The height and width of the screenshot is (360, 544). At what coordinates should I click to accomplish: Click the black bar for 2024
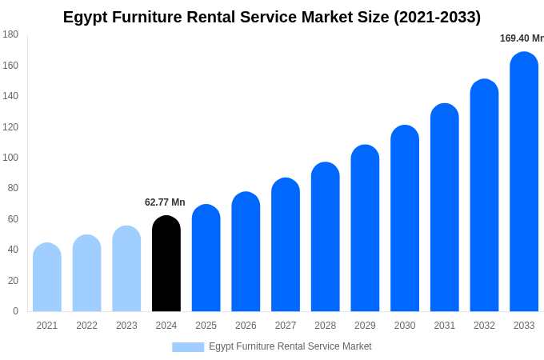tap(166, 264)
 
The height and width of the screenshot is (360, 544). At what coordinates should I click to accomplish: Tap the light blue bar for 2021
tap(47, 278)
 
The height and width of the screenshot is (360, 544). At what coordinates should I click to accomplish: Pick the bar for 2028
tap(326, 238)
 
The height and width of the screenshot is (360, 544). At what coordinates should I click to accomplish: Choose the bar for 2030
tap(405, 219)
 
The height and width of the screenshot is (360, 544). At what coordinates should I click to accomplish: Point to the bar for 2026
tap(246, 252)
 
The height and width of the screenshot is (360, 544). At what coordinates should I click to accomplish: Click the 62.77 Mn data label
tap(165, 202)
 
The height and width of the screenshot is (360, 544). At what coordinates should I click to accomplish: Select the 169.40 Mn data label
tap(521, 38)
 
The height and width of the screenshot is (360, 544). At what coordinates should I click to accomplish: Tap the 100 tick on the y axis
tap(10, 158)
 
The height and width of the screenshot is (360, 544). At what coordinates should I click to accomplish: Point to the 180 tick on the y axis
tap(10, 34)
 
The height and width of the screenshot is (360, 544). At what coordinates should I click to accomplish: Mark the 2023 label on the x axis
tap(126, 326)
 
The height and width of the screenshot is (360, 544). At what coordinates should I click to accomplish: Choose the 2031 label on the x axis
tap(445, 326)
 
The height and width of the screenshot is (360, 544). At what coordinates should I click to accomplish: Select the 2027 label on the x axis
tap(286, 326)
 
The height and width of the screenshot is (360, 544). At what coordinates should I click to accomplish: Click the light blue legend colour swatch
tap(188, 347)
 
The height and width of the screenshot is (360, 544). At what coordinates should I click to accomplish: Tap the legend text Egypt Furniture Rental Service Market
tap(290, 346)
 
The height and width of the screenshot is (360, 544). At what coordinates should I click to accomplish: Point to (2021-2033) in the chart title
tap(437, 17)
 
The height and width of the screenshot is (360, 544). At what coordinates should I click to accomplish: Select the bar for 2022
tap(87, 274)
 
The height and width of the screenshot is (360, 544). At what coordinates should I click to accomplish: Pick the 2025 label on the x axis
tap(206, 326)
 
